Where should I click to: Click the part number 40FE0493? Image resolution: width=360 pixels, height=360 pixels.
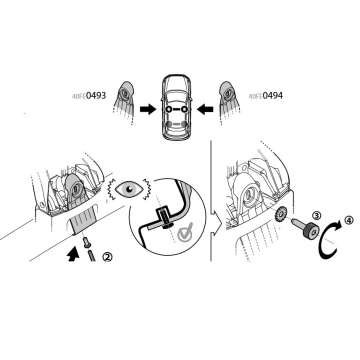point(89,95)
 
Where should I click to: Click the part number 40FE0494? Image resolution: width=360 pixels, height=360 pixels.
point(265,95)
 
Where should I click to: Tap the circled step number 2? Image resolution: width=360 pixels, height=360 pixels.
point(107,256)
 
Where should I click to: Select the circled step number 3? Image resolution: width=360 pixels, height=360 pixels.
point(317,215)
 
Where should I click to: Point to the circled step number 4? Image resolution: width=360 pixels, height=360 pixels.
point(349,220)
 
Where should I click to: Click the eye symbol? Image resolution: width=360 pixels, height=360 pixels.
point(129,189)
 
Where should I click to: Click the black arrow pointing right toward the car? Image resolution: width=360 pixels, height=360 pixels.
point(148,109)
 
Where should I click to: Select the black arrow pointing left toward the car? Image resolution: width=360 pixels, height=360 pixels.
point(205,109)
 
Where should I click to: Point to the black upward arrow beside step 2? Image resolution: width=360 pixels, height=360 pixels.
point(73,253)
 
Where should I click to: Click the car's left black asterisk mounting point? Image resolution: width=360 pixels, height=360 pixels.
point(169,109)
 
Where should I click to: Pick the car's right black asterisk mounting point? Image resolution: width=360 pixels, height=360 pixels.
point(184,109)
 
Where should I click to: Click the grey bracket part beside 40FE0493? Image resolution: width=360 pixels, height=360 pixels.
point(124,98)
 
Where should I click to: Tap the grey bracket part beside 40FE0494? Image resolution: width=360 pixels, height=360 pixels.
point(228,98)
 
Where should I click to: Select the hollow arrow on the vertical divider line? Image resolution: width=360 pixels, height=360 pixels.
point(216,223)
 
